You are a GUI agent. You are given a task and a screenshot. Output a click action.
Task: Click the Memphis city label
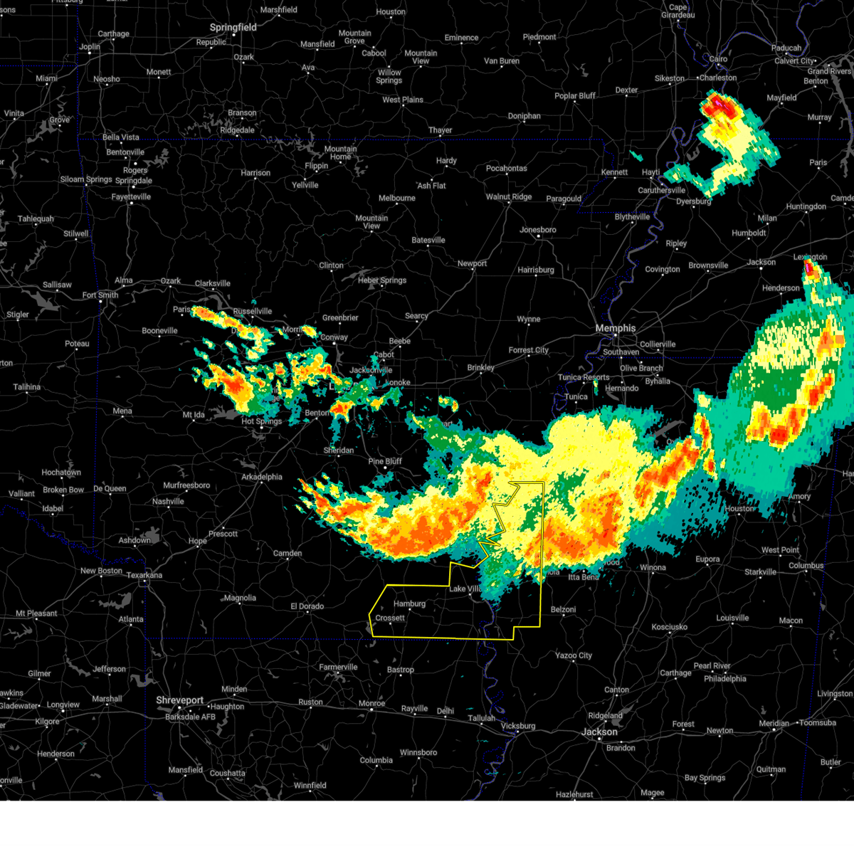point(615,328)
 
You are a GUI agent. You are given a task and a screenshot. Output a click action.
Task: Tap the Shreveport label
point(180,700)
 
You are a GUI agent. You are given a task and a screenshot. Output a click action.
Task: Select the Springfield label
point(233,28)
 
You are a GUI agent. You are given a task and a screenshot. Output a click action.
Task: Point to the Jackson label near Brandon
point(599,732)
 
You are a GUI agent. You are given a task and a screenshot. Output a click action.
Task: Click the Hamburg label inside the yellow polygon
point(409,604)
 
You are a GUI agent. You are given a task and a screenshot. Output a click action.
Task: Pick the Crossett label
point(390,618)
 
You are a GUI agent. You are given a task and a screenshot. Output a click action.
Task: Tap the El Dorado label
point(307,606)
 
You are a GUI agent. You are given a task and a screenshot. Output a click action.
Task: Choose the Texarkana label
point(144,575)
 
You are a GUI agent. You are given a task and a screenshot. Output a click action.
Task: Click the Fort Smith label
point(100,295)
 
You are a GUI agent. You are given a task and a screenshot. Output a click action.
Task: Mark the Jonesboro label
point(537,230)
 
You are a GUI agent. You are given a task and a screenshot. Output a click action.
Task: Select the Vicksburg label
point(517,726)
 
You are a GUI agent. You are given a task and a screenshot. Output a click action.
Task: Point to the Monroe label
point(371,703)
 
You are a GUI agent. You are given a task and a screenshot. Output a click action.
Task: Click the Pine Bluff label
point(385,461)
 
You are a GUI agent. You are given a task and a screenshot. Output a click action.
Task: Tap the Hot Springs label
point(262,421)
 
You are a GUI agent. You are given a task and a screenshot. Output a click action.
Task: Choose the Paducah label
point(786,48)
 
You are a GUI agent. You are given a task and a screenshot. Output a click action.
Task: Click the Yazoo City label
point(574,655)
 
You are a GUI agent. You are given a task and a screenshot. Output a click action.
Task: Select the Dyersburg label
point(693,201)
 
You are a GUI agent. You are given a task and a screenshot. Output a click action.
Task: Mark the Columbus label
point(806,566)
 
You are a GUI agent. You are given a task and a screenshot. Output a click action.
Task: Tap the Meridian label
point(774,723)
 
